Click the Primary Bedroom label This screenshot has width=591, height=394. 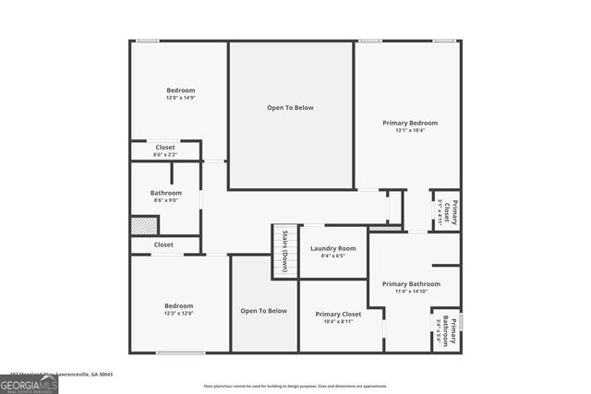(410, 123)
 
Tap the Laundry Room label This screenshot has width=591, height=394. (332, 248)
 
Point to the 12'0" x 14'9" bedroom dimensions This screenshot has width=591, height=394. (180, 97)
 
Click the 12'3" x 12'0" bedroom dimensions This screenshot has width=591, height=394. (178, 313)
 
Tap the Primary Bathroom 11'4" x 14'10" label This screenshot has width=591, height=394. (411, 284)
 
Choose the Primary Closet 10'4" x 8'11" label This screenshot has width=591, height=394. (338, 315)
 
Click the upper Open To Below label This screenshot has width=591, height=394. (290, 108)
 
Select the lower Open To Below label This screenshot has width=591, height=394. (264, 311)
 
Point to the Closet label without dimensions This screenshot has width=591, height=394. (163, 245)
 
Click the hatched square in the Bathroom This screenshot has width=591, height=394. (144, 225)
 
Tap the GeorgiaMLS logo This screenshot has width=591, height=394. (29, 381)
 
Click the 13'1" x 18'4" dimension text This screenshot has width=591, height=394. (410, 130)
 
